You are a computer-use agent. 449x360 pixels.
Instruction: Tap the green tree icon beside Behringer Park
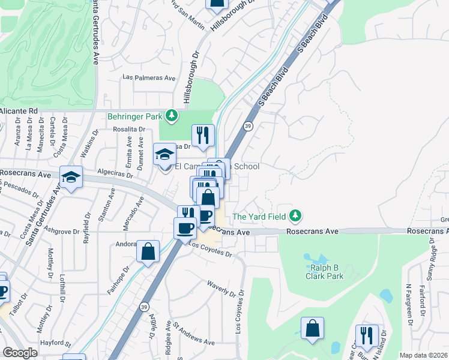pyautogui.click(x=172, y=115)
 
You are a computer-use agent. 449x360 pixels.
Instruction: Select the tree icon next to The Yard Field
pyautogui.click(x=295, y=215)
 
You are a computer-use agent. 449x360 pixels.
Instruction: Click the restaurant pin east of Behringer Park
pyautogui.click(x=203, y=135)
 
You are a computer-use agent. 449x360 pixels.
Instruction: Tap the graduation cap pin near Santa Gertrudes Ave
pyautogui.click(x=71, y=178)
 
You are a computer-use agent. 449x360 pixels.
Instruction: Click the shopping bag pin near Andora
pyautogui.click(x=148, y=251)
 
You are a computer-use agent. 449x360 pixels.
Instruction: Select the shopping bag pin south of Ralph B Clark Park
pyautogui.click(x=312, y=328)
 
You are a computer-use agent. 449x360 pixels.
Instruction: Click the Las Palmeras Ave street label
pyautogui.click(x=149, y=77)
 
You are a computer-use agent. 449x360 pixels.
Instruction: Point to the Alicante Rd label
pyautogui.click(x=19, y=111)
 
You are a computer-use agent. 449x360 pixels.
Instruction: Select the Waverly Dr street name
pyautogui.click(x=221, y=289)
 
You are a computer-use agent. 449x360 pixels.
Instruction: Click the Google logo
pyautogui.click(x=20, y=352)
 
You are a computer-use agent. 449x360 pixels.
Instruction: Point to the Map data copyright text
pyautogui.click(x=424, y=355)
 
